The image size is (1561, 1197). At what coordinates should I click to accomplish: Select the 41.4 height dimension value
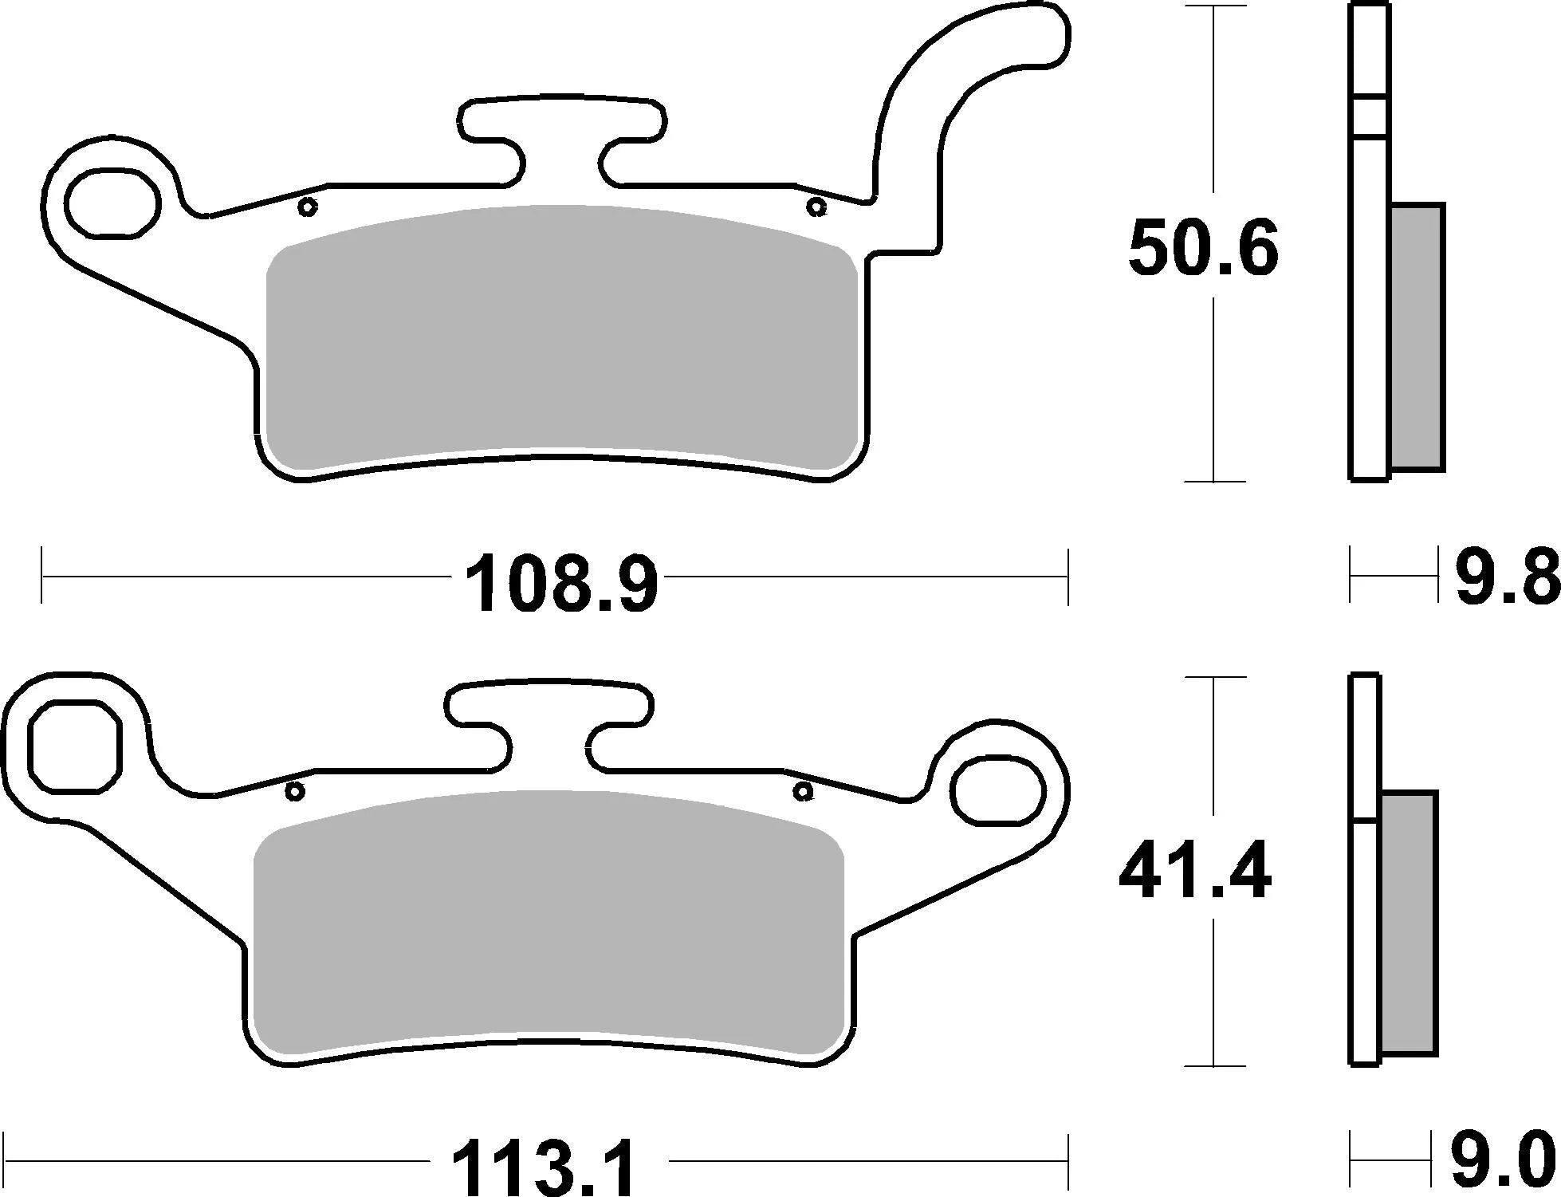click(x=1194, y=874)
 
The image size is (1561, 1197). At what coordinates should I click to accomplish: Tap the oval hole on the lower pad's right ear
click(x=998, y=790)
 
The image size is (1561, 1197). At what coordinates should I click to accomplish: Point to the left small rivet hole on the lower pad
click(x=294, y=792)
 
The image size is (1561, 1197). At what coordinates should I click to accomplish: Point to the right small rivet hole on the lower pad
click(x=803, y=792)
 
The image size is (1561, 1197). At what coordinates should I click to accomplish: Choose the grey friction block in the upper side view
click(x=1416, y=337)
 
